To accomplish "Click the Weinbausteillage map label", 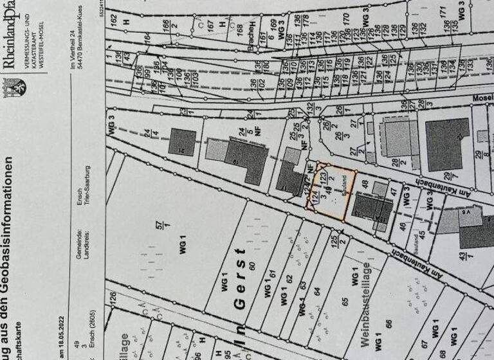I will coord(366,302).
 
